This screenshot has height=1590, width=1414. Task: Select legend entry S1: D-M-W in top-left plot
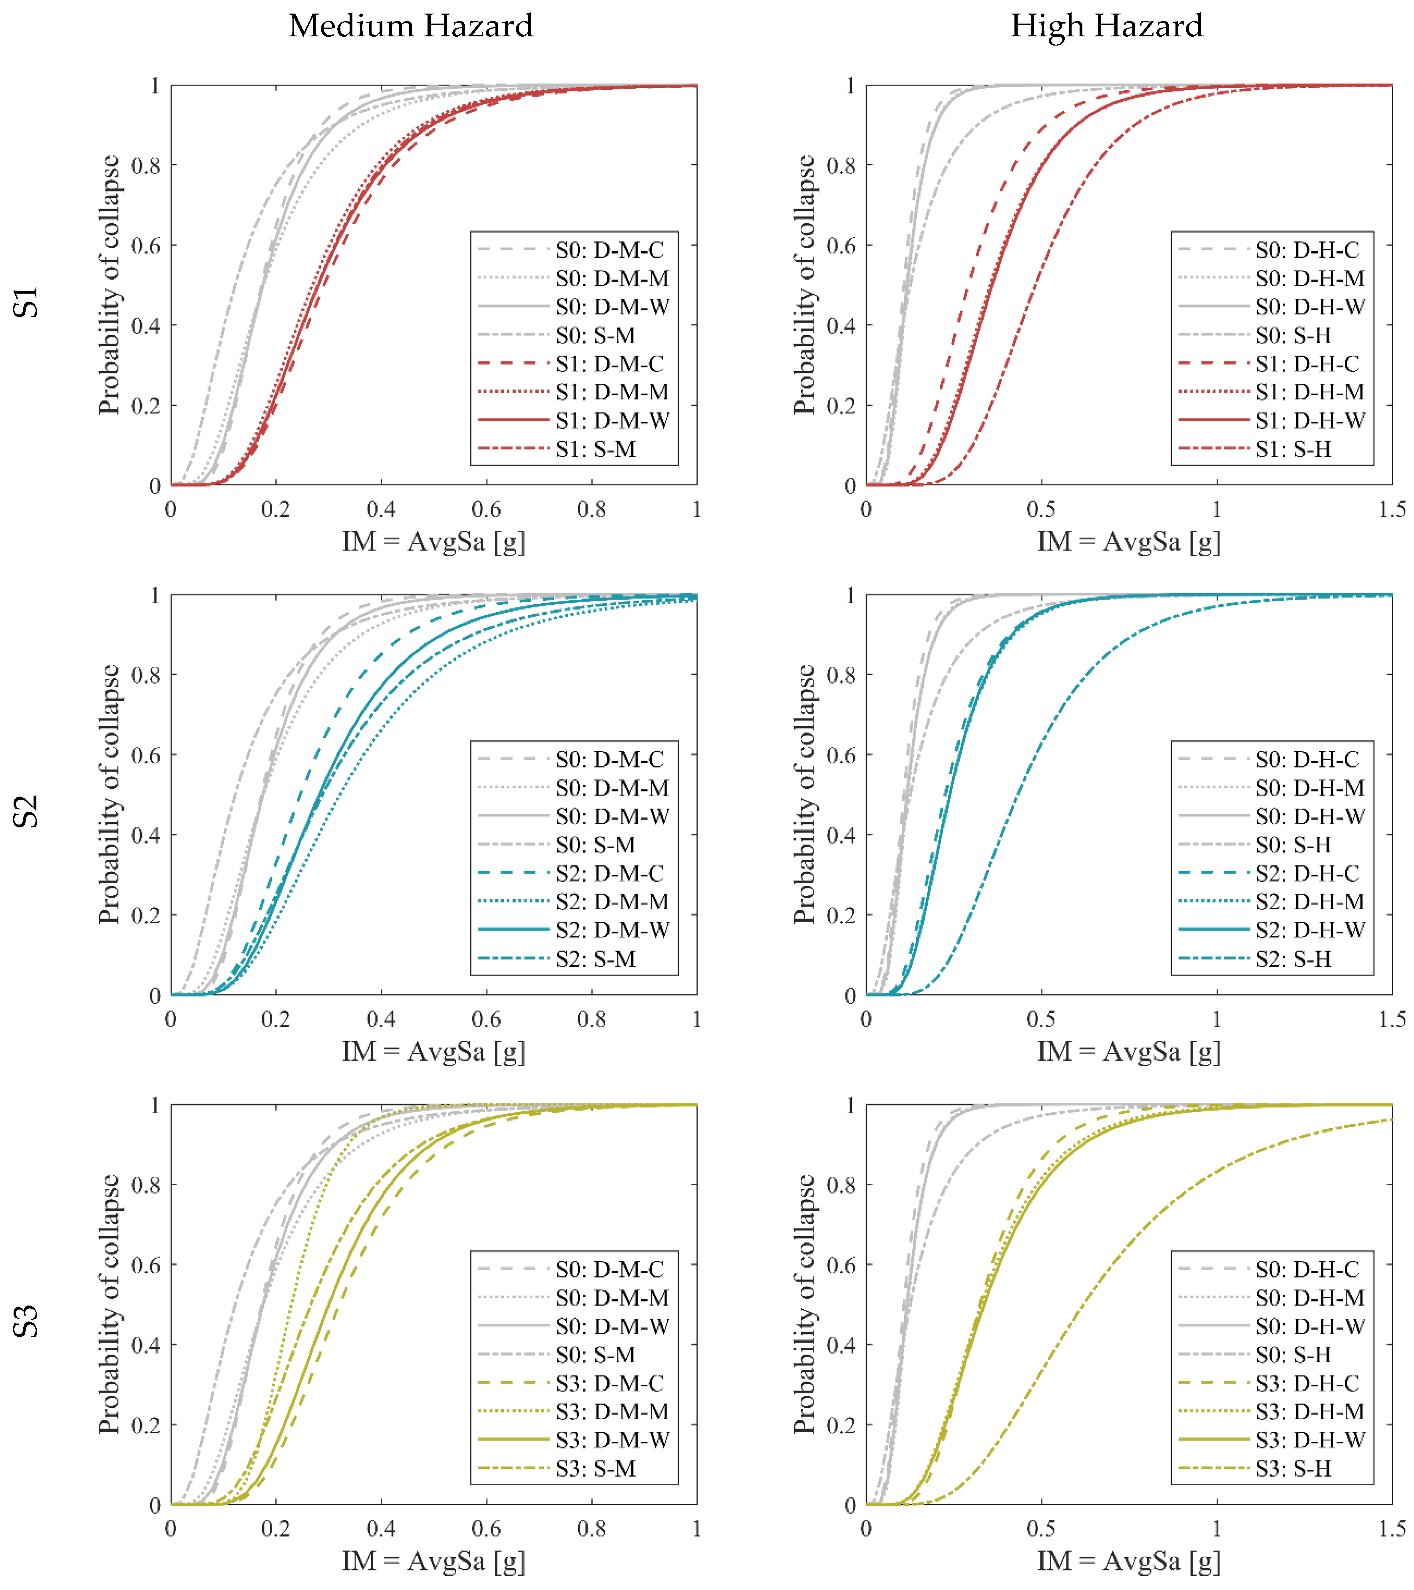point(611,420)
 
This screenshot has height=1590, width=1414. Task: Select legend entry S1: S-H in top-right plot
point(1293,449)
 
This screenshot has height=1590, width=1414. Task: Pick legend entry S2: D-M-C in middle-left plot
point(609,873)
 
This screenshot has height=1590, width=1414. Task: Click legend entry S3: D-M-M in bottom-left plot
point(611,1411)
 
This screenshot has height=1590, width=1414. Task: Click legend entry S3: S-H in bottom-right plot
point(1293,1469)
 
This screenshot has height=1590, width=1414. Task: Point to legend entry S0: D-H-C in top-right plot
point(1307,250)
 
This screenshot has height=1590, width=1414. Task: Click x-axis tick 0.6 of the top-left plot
point(486,509)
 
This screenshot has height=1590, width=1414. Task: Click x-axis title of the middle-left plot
point(433,1052)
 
